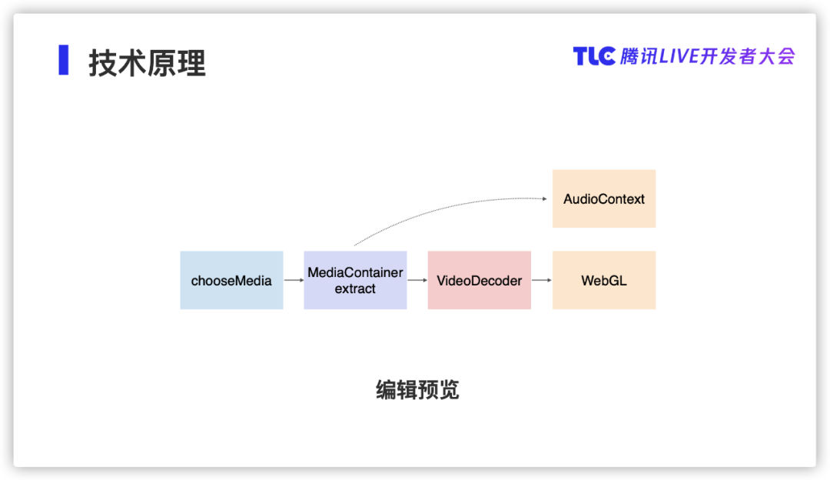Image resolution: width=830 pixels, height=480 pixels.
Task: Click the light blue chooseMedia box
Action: [x=231, y=280]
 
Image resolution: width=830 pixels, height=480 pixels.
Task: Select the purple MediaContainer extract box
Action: [x=355, y=280]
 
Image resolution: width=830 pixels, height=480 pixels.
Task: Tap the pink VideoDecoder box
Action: [x=479, y=280]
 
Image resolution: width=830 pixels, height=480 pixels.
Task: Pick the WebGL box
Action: [x=604, y=280]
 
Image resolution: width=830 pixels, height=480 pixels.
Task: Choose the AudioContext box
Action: [x=604, y=198]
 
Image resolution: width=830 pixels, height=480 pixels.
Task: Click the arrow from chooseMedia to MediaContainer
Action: [x=294, y=280]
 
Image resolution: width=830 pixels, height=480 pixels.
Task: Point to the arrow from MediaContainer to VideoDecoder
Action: [x=417, y=280]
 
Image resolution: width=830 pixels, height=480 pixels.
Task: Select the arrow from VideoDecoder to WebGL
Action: [x=542, y=280]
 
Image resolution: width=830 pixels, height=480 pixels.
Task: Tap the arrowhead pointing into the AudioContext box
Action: [x=545, y=198]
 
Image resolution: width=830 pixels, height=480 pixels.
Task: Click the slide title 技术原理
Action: [x=147, y=63]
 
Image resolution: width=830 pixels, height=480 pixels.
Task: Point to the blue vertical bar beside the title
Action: [x=64, y=60]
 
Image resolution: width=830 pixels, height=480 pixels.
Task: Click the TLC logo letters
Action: [x=594, y=56]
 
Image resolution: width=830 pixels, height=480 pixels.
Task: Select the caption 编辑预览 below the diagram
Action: [x=417, y=390]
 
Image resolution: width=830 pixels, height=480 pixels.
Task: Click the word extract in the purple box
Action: [x=355, y=288]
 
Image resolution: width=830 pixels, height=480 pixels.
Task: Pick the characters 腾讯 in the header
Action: [x=639, y=56]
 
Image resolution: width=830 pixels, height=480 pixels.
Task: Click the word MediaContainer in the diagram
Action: [x=355, y=272]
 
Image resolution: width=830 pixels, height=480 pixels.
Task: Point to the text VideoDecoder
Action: [x=479, y=281]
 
